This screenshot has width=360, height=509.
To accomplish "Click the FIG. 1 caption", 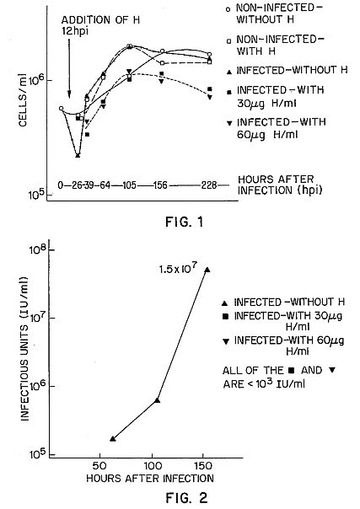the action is [x=184, y=222].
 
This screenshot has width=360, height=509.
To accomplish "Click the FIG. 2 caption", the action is [x=186, y=498].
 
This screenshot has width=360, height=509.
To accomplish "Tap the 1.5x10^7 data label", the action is [x=178, y=269].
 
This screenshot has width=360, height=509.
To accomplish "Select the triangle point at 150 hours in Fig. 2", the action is [x=207, y=269].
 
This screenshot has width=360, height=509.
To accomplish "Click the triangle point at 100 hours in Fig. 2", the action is [x=158, y=400].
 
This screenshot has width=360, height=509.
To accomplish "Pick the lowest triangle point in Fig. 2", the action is [x=113, y=438].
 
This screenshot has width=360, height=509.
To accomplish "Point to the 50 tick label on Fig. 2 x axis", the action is [x=99, y=466].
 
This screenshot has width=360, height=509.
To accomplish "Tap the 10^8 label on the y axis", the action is [x=38, y=249].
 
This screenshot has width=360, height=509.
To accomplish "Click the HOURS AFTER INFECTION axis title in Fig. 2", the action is [x=150, y=478].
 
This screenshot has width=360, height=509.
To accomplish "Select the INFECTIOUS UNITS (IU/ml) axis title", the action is [x=24, y=349].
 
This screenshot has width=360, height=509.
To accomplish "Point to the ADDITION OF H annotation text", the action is [x=100, y=20].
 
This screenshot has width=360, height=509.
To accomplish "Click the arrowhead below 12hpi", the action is [x=69, y=95].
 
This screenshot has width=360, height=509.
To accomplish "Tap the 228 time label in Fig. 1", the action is [x=209, y=185].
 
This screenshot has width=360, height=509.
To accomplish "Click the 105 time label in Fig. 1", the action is [x=130, y=185].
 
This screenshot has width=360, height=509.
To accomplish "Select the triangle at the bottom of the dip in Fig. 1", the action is [x=78, y=155].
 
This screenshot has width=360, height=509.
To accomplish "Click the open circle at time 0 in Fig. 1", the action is [x=61, y=108].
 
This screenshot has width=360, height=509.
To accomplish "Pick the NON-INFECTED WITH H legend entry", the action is [x=276, y=46].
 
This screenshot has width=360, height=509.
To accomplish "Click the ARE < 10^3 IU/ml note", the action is [x=264, y=384].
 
